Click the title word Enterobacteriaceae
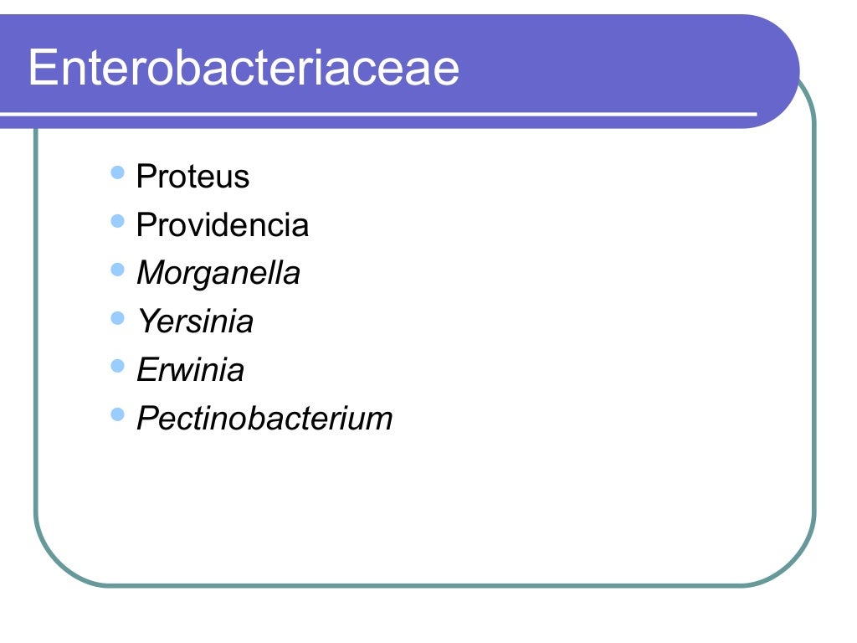pos(244,69)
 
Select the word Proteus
pos(192,177)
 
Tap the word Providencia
pos(222,225)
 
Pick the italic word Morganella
pos(218,274)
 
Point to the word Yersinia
pos(194,322)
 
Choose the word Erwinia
pos(190,370)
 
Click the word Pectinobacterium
pos(264,419)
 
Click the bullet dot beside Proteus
pos(118,173)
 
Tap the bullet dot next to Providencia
pos(118,222)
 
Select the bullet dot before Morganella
pos(118,270)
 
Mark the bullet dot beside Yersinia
pos(118,318)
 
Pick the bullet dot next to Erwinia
pos(118,366)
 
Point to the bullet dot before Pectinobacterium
pos(118,414)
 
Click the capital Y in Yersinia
pos(146,322)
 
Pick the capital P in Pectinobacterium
pos(146,419)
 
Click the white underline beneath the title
pos(377,113)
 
